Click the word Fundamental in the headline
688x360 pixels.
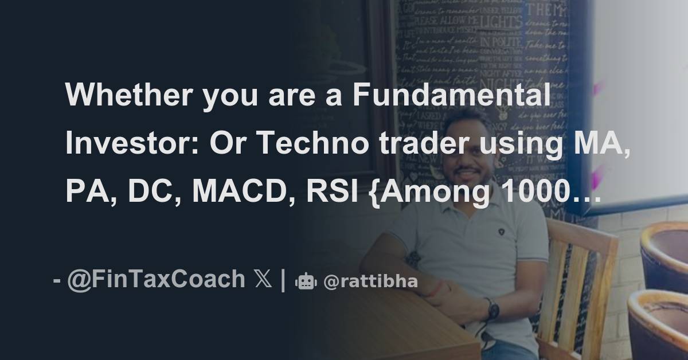[x=452, y=95]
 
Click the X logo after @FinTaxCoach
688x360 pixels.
[x=261, y=280]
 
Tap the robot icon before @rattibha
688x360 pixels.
[x=305, y=281]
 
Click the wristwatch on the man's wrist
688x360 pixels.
[x=492, y=310]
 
